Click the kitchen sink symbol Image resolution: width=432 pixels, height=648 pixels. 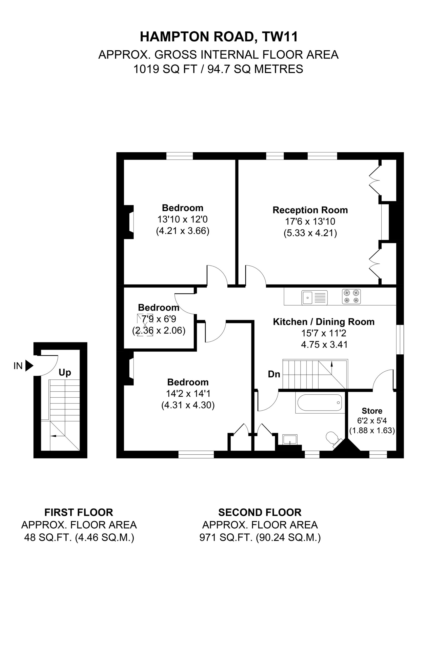[x=314, y=297]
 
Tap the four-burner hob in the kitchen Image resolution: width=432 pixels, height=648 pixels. [x=351, y=296]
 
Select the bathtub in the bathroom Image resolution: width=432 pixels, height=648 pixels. [x=320, y=403]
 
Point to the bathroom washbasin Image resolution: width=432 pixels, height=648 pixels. [x=290, y=439]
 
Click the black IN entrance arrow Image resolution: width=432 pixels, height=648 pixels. [x=29, y=366]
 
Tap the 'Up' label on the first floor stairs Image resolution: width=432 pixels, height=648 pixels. [x=65, y=373]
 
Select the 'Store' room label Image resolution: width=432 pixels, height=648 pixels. [x=372, y=411]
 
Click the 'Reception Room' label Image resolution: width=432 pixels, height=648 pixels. [x=310, y=210]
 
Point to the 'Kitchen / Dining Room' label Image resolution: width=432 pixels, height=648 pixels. [x=324, y=322]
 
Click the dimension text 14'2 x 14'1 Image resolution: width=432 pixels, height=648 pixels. [x=188, y=394]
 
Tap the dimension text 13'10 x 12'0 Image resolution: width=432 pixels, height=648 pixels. [x=182, y=219]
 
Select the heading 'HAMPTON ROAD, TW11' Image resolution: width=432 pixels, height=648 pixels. [x=219, y=37]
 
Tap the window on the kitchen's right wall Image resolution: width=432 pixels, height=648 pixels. [x=400, y=339]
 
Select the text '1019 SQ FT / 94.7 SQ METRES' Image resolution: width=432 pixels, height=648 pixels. [x=218, y=69]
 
